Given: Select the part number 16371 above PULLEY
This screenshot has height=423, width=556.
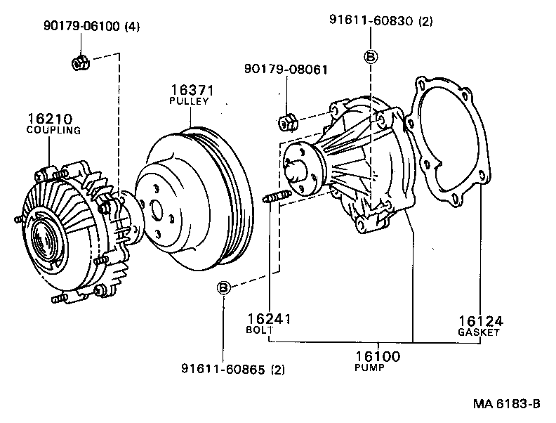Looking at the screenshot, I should point(192,91).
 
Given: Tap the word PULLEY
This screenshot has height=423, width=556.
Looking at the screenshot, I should point(190,102).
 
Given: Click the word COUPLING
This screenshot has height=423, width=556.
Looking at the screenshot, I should point(53,131).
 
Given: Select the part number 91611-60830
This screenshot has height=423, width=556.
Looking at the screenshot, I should point(371,21).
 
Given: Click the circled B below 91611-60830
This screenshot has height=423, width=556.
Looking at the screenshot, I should point(371,56).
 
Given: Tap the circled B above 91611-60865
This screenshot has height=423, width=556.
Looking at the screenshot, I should point(223,287).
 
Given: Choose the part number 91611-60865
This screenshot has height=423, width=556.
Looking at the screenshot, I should point(222,368).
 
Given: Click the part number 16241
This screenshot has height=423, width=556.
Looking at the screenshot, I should point(269,319).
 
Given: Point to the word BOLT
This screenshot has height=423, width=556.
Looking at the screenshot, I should point(256,330).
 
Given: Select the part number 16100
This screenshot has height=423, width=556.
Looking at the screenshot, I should point(377,357).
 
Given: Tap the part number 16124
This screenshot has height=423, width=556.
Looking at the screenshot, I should point(480,321).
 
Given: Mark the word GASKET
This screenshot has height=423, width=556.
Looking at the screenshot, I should point(479,332).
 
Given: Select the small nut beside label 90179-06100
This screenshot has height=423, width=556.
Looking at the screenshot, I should point(79,63).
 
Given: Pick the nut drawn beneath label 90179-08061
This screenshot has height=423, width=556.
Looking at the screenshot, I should point(287,122).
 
